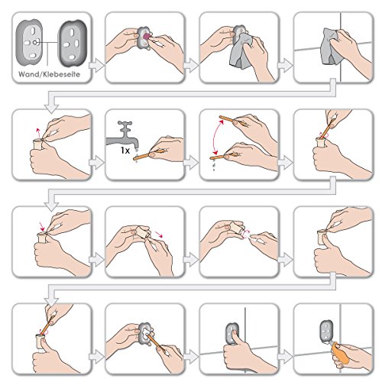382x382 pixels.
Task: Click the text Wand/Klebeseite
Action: [49, 74]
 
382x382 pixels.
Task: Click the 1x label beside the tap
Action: [125, 151]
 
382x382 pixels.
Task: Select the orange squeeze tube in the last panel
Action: [340, 354]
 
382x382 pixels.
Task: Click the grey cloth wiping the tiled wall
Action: [330, 47]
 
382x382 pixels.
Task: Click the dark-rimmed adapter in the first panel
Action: [73, 44]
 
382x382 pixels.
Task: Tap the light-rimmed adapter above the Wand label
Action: [29, 43]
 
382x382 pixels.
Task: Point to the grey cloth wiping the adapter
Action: [241, 52]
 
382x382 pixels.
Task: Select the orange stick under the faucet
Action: [144, 156]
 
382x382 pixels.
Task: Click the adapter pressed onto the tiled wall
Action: [232, 334]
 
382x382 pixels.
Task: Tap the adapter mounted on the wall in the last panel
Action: [327, 331]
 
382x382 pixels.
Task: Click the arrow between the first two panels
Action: [96, 65]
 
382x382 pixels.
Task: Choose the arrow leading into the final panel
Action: [285, 357]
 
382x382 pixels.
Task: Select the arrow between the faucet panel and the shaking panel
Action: [191, 163]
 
